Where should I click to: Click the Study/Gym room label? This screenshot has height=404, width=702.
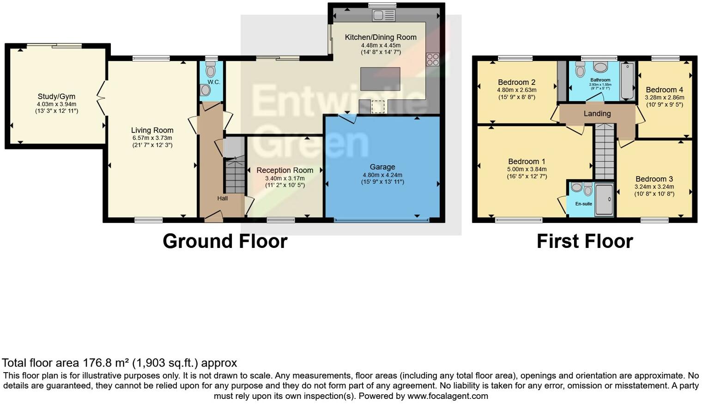(56, 96)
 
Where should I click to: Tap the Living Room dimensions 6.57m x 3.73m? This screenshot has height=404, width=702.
(152, 138)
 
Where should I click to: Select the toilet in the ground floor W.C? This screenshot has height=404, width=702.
(211, 71)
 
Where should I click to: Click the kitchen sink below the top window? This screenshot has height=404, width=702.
(383, 15)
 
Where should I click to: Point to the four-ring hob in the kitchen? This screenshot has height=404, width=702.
(433, 59)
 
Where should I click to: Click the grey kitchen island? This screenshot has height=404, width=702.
(380, 79)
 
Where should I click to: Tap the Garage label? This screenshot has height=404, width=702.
(382, 167)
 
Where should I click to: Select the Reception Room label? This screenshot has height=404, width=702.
(284, 170)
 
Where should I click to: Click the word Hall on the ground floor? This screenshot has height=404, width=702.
(223, 199)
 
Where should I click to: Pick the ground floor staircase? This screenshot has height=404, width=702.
(235, 175)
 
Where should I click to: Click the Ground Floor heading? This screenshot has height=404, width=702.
(225, 241)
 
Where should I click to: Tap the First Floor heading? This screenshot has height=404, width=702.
(584, 241)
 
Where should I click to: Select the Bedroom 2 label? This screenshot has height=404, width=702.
(516, 83)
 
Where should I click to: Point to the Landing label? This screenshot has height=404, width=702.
(597, 114)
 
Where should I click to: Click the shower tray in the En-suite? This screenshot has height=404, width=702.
(604, 199)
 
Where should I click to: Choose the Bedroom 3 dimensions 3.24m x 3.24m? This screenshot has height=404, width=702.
(654, 187)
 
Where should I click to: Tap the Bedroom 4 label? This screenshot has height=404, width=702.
(664, 90)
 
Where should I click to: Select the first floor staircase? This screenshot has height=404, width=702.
(604, 152)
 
